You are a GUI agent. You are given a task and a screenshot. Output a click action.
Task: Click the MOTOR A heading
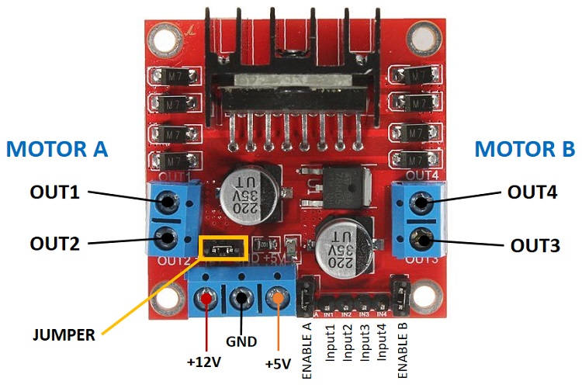(57, 149)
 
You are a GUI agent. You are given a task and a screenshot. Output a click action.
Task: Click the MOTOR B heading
(525, 149)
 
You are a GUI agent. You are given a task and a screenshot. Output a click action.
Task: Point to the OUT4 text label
(532, 192)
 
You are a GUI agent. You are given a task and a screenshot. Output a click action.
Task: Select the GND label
(242, 341)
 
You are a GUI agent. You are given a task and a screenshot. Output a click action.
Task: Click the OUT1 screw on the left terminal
(166, 204)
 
